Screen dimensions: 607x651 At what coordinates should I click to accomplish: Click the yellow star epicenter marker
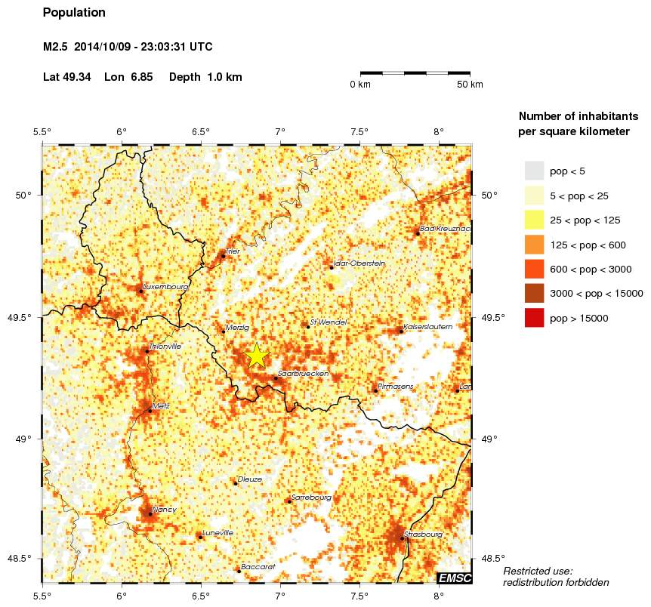coord(257,355)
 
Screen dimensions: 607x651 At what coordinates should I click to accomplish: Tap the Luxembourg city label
coord(165,287)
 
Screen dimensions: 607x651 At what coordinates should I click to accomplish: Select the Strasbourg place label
coord(423,534)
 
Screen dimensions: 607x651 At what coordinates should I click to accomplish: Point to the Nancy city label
coord(164,510)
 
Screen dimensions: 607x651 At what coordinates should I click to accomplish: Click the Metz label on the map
coord(160,406)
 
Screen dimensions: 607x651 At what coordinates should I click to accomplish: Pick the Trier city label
coord(232,251)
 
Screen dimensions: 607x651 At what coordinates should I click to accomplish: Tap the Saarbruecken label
coord(301,374)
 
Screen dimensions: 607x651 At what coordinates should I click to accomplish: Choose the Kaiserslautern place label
coord(428,327)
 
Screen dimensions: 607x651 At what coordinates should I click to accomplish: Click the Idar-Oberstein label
coord(359,263)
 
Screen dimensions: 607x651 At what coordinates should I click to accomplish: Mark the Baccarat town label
coord(258,566)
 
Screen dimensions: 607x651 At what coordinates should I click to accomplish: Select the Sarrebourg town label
coord(311,498)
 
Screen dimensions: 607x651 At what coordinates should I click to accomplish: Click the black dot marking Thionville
coord(147,351)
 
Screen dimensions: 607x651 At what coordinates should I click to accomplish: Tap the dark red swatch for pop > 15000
coord(534,319)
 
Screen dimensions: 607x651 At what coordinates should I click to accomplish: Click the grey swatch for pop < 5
coord(534,171)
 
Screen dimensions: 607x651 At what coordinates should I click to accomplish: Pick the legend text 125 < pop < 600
coord(588,245)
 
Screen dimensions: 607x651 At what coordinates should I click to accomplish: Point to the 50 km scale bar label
coord(470,85)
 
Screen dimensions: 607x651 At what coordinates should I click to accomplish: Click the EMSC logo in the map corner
coord(455,578)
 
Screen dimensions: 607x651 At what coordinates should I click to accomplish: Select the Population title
coord(75,13)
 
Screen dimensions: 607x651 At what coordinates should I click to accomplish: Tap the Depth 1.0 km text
coord(205,77)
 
